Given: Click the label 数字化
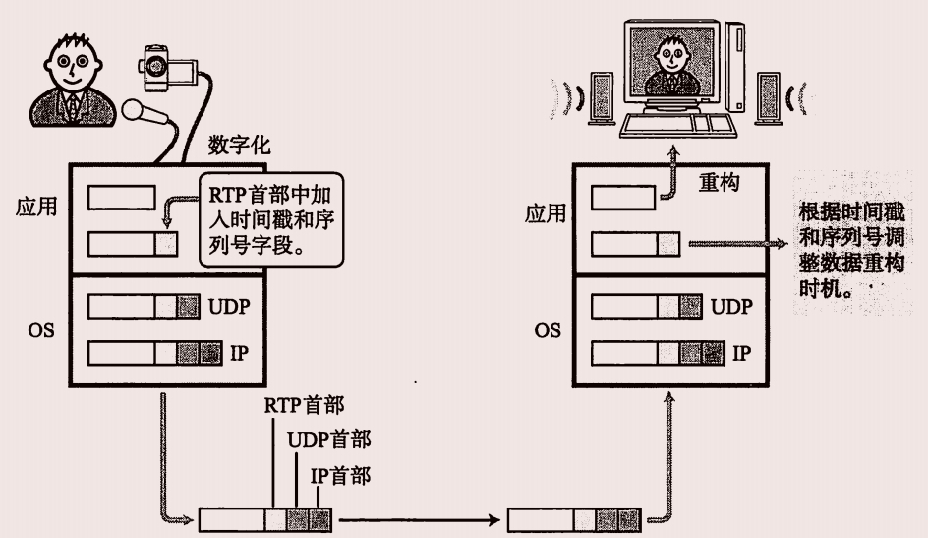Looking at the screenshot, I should [x=240, y=146].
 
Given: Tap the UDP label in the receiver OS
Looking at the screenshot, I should [x=729, y=307].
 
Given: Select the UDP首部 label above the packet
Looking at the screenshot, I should [x=329, y=439].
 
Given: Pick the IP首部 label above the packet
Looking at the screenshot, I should [x=340, y=476].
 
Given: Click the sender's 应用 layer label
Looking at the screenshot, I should [x=37, y=207].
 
